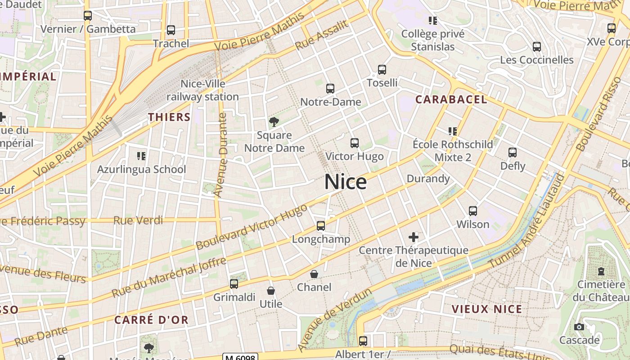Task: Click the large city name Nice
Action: (345, 182)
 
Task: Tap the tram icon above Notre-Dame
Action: (330, 88)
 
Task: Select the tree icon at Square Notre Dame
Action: (274, 121)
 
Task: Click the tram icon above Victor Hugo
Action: (355, 143)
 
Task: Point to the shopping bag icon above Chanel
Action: (314, 274)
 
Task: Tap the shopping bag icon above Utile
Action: (271, 291)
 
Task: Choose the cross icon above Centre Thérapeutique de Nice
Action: (414, 237)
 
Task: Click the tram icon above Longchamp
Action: (321, 225)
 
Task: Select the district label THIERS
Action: (170, 117)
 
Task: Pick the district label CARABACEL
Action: (451, 99)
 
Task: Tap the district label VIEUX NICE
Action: (487, 309)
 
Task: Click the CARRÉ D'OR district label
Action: (151, 320)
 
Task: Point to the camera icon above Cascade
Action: (579, 327)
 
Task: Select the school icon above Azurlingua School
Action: (141, 156)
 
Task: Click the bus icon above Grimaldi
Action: (234, 283)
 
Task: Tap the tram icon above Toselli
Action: (382, 70)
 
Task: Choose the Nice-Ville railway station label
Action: (203, 90)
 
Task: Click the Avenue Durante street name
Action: (220, 155)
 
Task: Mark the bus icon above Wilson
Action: (473, 211)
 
